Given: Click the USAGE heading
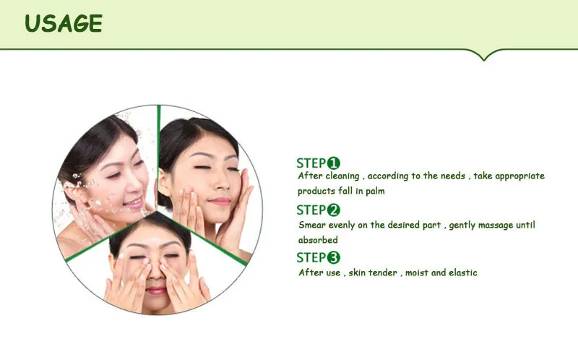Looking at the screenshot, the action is [64, 24].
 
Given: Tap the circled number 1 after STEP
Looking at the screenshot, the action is [333, 163].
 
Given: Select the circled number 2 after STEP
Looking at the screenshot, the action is [333, 210].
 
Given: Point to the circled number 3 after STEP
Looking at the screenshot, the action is [333, 257].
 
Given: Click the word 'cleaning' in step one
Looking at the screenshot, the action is [342, 176].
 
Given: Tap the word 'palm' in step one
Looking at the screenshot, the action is [375, 191].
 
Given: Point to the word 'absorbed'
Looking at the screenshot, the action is [318, 240].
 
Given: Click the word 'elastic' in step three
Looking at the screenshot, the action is [463, 273].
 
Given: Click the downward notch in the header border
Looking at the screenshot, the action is [484, 57].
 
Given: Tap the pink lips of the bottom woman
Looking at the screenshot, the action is [156, 291].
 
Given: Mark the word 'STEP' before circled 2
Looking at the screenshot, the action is [311, 210].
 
